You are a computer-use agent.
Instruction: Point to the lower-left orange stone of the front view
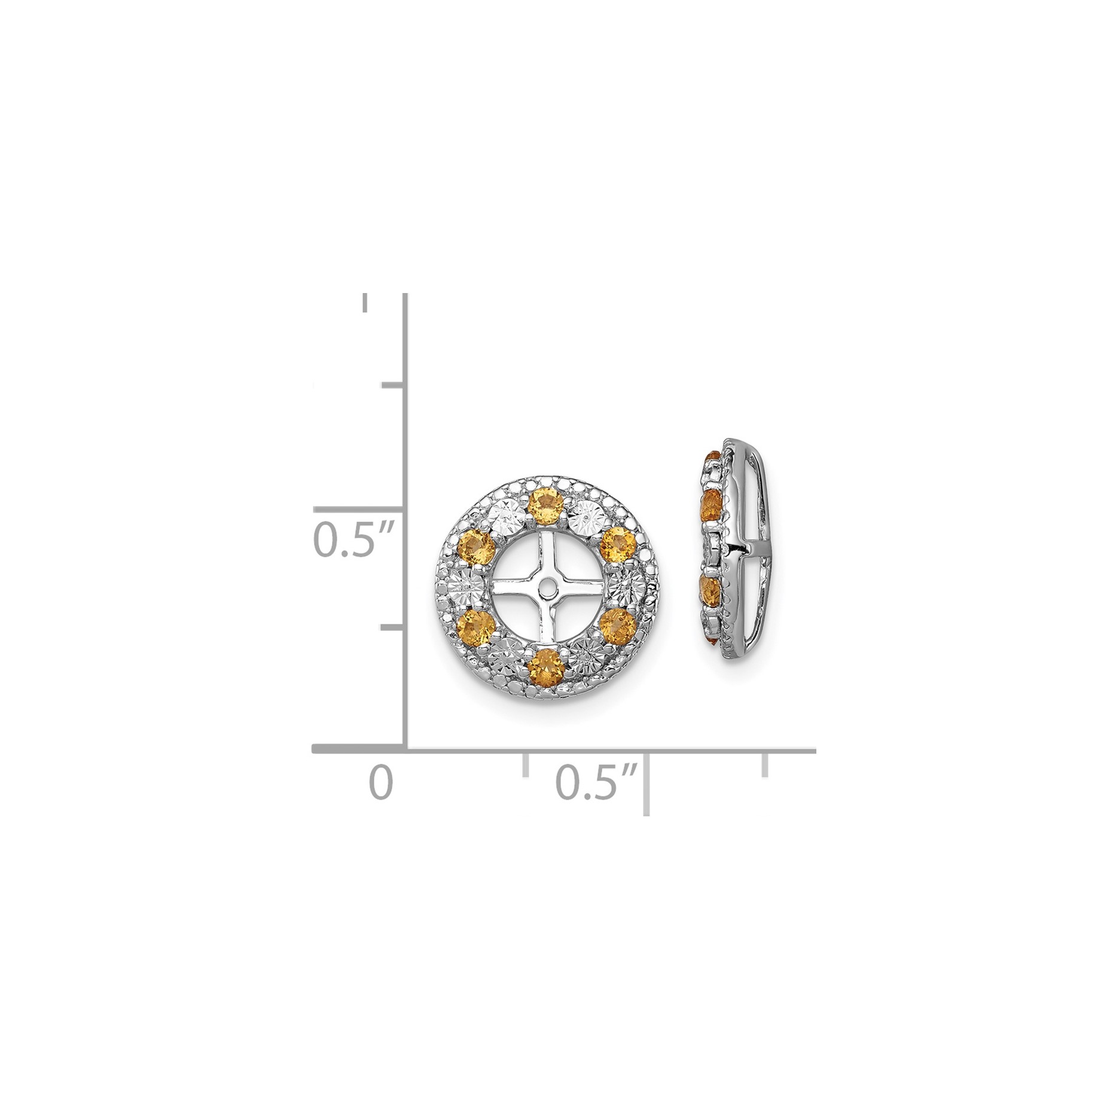tap(477, 623)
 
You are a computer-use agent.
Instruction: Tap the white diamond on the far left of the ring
tap(466, 586)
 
